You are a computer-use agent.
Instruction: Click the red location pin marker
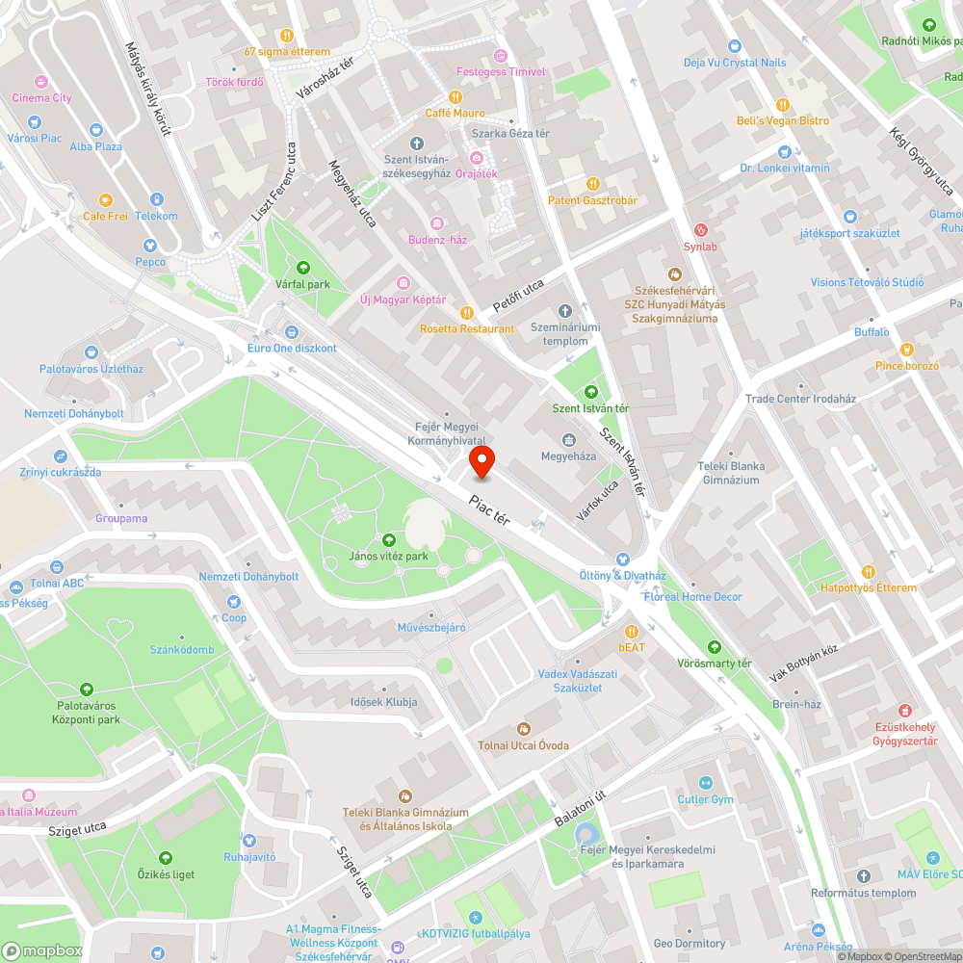pyautogui.click(x=481, y=462)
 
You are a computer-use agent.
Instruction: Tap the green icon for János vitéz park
pyautogui.click(x=389, y=540)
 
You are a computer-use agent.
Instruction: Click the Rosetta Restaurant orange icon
pyautogui.click(x=467, y=312)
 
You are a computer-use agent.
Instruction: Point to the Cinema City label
pyautogui.click(x=41, y=97)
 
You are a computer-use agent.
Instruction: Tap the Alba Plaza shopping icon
pyautogui.click(x=95, y=130)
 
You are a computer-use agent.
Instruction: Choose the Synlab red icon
pyautogui.click(x=701, y=230)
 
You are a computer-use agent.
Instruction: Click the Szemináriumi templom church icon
pyautogui.click(x=565, y=311)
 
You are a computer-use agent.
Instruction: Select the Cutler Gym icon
pyautogui.click(x=706, y=783)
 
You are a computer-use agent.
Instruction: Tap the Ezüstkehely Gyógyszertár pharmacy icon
pyautogui.click(x=904, y=710)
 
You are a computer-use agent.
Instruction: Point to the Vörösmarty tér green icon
pyautogui.click(x=714, y=647)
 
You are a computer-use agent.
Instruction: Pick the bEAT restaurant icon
pyautogui.click(x=632, y=631)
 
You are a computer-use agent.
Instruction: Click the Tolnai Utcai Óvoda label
pyautogui.click(x=523, y=745)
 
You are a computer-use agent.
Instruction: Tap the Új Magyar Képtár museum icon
pyautogui.click(x=403, y=283)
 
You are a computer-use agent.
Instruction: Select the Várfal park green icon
pyautogui.click(x=303, y=268)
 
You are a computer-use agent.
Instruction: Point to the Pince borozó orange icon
pyautogui.click(x=906, y=350)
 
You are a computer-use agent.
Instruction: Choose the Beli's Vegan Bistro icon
pyautogui.click(x=783, y=104)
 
